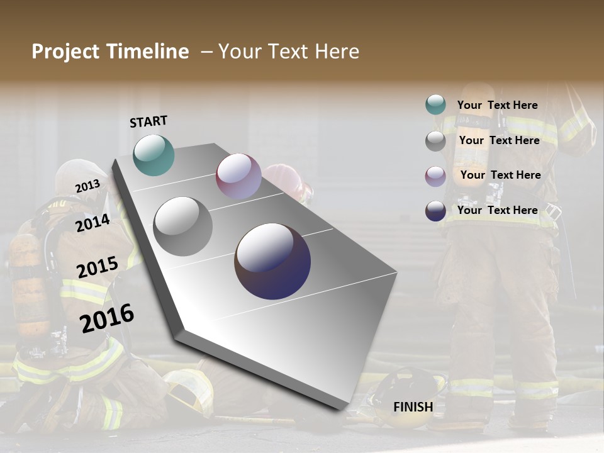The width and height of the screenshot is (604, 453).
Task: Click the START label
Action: [148, 121]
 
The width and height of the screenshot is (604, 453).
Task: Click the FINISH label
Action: [413, 407]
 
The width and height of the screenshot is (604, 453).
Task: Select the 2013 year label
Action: [88, 186]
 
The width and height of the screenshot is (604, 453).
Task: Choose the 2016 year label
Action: [108, 318]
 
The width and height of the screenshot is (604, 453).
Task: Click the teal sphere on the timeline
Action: [154, 155]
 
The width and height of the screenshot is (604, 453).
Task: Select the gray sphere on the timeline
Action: [182, 226]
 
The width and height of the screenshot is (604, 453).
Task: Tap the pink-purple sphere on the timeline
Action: [238, 176]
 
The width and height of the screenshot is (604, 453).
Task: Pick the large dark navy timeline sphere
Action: [272, 261]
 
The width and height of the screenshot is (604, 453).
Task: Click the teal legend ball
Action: [435, 105]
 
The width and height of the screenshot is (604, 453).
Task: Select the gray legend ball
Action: [435, 141]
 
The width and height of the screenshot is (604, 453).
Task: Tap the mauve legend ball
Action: [435, 176]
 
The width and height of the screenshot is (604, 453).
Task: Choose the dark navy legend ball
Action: [435, 211]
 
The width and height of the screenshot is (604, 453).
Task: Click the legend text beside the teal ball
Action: [497, 105]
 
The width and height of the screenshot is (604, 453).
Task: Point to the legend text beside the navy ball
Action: [497, 210]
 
